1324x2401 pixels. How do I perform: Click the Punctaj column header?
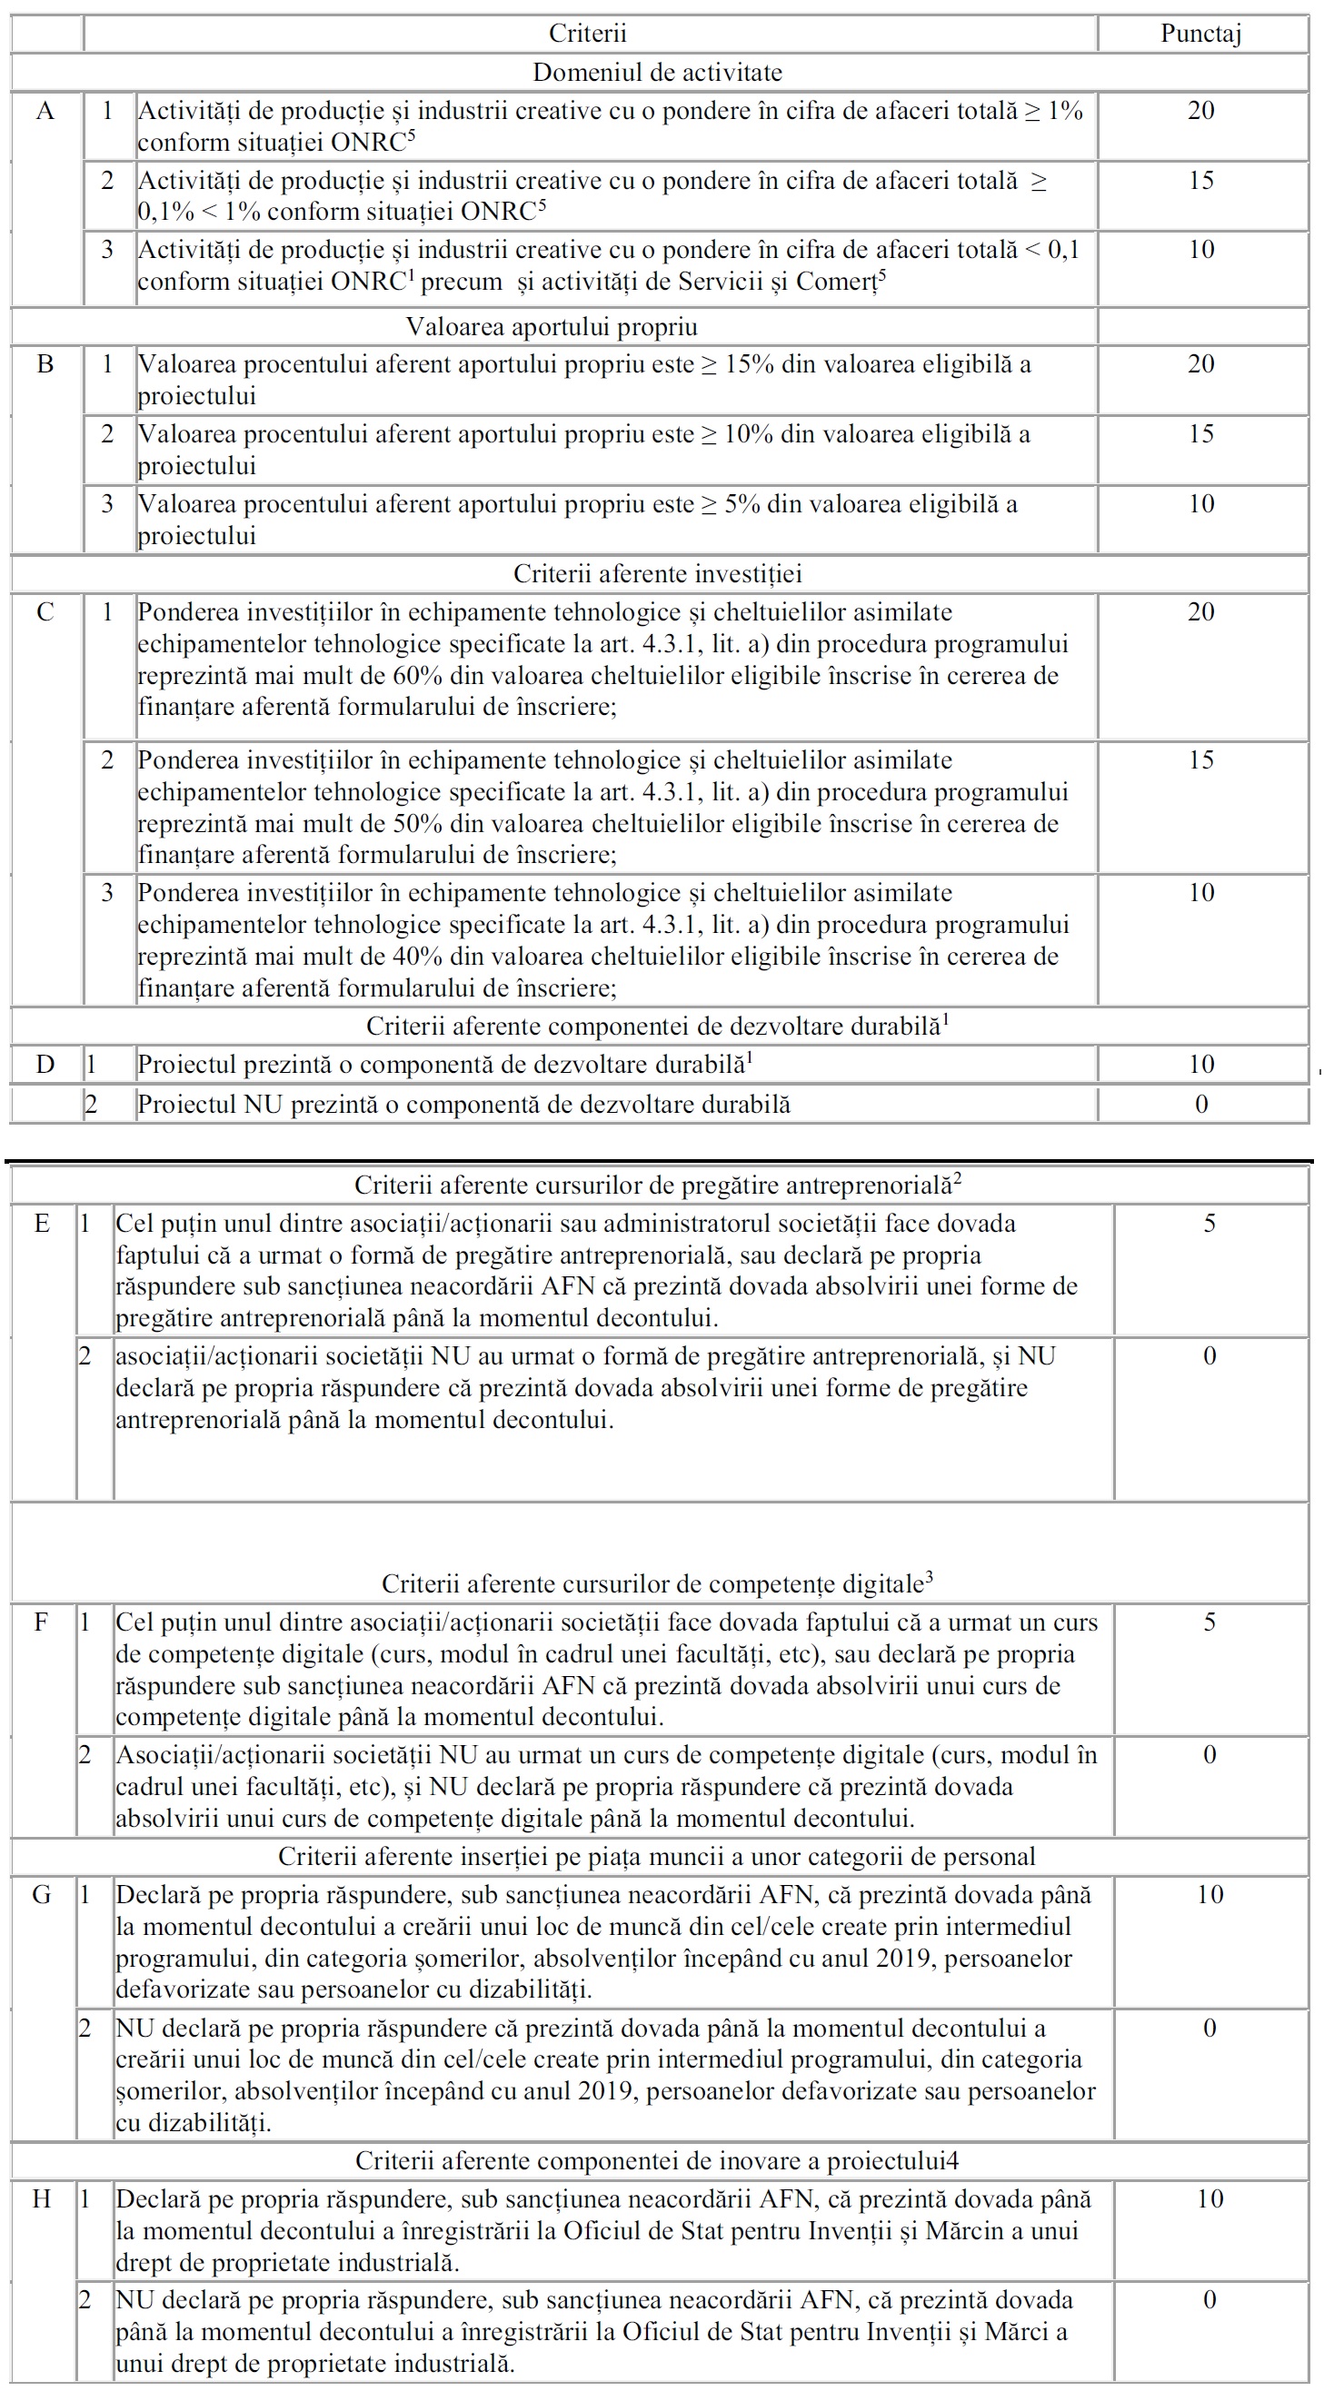(x=1200, y=34)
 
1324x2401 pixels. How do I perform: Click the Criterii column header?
(x=587, y=34)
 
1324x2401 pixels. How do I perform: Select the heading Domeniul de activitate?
(x=657, y=72)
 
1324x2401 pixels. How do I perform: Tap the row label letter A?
(x=45, y=111)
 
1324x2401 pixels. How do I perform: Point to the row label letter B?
(x=45, y=363)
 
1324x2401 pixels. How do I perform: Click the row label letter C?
(x=45, y=611)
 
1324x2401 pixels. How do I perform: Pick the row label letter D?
(x=45, y=1064)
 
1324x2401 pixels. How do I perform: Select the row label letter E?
(x=42, y=1223)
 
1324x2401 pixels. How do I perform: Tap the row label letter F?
(x=42, y=1622)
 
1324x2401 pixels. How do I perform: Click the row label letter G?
(x=42, y=1894)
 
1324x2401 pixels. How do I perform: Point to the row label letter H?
(x=42, y=2198)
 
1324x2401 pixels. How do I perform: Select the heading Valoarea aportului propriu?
(x=552, y=326)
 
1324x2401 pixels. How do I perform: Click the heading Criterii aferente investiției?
(x=657, y=573)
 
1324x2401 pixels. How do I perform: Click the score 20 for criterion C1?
(x=1201, y=611)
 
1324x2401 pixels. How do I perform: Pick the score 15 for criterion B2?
(x=1201, y=433)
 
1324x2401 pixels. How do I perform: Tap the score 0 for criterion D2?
(x=1201, y=1104)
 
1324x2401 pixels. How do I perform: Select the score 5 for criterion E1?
(x=1210, y=1223)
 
